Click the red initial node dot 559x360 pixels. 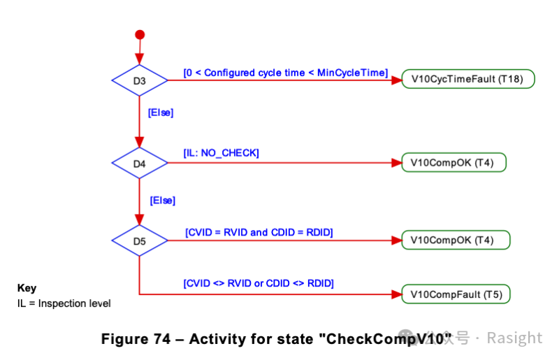point(140,35)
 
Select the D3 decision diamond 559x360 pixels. point(139,80)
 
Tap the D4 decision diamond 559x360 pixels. point(139,163)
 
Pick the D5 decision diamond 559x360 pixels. point(139,240)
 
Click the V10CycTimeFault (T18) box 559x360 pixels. point(468,79)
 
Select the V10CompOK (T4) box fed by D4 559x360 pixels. point(453,162)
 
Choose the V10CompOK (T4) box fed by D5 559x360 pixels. point(456,240)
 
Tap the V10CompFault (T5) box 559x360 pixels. point(456,294)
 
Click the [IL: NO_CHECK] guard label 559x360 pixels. point(221,153)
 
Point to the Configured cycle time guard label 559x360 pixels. point(286,73)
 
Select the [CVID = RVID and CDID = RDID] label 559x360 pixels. point(259,233)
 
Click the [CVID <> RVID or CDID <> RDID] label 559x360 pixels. point(259,283)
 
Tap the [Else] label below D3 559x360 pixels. point(161,113)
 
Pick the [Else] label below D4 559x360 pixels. point(163,201)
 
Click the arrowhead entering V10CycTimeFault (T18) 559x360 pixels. point(396,80)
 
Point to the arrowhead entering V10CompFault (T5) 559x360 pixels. point(396,294)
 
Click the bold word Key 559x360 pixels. point(27,288)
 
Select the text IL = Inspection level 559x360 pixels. point(64,303)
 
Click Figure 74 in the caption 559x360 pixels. point(136,338)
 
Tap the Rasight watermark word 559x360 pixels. point(514,338)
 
